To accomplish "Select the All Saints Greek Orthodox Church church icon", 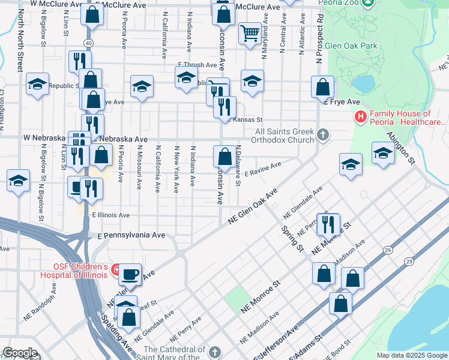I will coord(324,135).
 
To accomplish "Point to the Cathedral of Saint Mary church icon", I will coord(214,350).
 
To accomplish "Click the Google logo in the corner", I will coord(20,353).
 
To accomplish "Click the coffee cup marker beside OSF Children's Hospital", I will coord(130,274).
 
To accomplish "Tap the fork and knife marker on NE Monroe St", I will coord(328,224).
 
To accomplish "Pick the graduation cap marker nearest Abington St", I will coord(383,152).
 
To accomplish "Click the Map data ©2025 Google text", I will coord(411,355).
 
